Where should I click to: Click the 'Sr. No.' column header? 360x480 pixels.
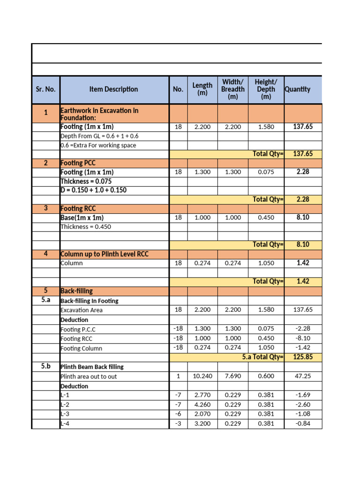click(x=45, y=89)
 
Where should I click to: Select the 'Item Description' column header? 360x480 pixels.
click(x=114, y=89)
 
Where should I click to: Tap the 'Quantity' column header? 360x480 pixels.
click(x=297, y=89)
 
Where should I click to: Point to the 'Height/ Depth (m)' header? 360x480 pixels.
click(x=266, y=89)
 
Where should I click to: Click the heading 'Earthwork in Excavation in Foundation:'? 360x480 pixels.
click(x=99, y=114)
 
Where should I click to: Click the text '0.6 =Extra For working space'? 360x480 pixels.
click(x=98, y=145)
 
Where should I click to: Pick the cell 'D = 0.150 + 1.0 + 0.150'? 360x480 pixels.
click(x=93, y=190)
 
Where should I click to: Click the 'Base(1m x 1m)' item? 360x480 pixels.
click(x=82, y=217)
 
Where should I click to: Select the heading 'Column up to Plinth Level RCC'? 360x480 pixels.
click(x=105, y=254)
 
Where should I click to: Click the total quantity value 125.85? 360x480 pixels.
click(x=303, y=357)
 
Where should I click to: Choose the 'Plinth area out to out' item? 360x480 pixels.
click(x=89, y=376)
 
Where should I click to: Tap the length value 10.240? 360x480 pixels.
click(x=202, y=376)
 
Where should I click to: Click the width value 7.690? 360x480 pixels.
click(x=233, y=376)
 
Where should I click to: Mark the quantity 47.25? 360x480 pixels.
click(x=303, y=376)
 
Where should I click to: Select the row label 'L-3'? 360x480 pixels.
click(x=65, y=414)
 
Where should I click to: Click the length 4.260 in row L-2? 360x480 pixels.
click(x=202, y=405)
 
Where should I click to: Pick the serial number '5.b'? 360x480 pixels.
click(x=45, y=366)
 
